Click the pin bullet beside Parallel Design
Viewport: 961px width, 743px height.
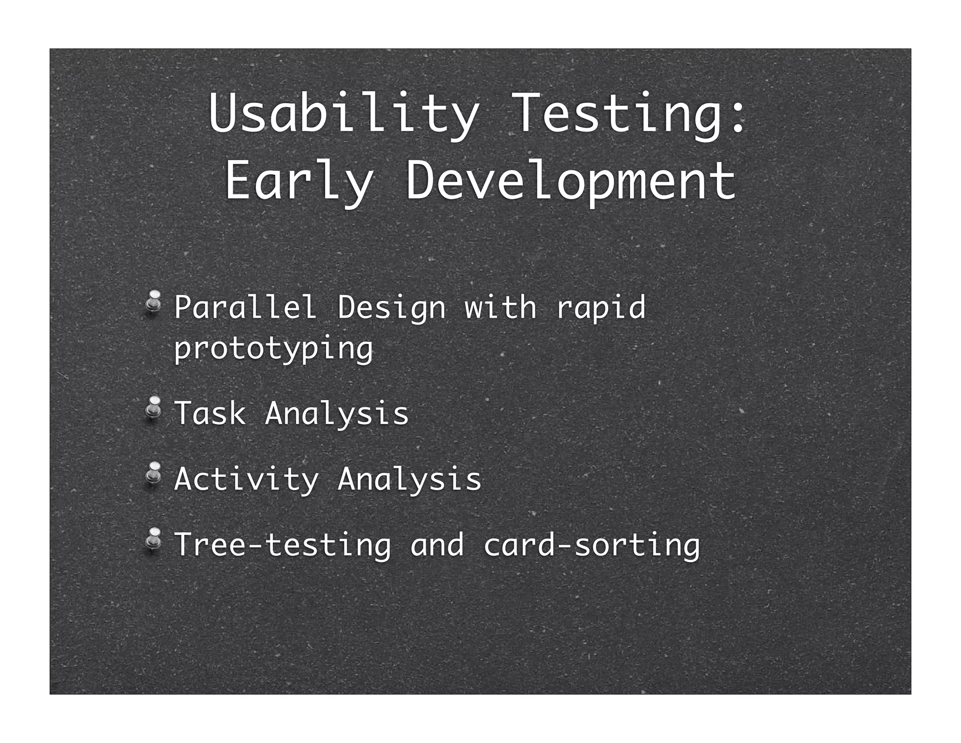(x=153, y=302)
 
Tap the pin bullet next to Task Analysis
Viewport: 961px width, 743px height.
(x=153, y=408)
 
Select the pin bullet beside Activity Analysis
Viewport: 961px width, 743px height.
(x=153, y=473)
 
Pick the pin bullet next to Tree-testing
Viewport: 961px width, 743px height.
(x=153, y=539)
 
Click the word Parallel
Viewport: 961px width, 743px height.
(x=245, y=308)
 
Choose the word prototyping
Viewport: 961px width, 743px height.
(x=274, y=349)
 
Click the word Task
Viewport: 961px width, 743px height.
(x=210, y=413)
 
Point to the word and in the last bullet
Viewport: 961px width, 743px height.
(x=437, y=545)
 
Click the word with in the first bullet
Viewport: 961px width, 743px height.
(x=500, y=308)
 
